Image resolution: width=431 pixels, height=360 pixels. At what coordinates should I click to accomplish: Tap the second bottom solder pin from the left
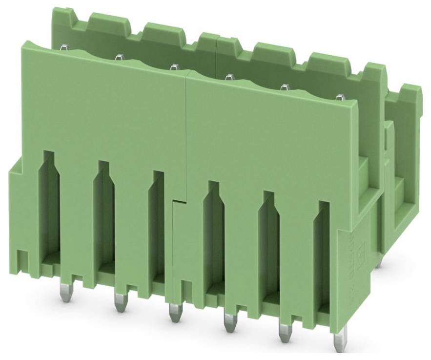click(x=119, y=301)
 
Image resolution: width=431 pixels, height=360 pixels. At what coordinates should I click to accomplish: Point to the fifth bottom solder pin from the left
click(x=284, y=332)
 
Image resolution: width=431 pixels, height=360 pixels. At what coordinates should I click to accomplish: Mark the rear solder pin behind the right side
click(x=379, y=263)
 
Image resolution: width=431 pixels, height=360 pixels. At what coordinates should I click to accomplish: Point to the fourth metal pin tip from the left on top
click(x=228, y=77)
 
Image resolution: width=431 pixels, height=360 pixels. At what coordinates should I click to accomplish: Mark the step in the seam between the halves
click(x=179, y=200)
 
